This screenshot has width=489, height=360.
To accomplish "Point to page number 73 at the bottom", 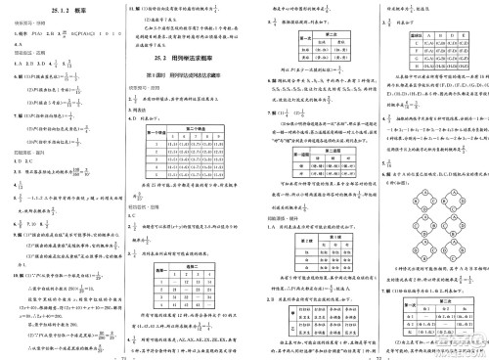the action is (368, 355).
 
